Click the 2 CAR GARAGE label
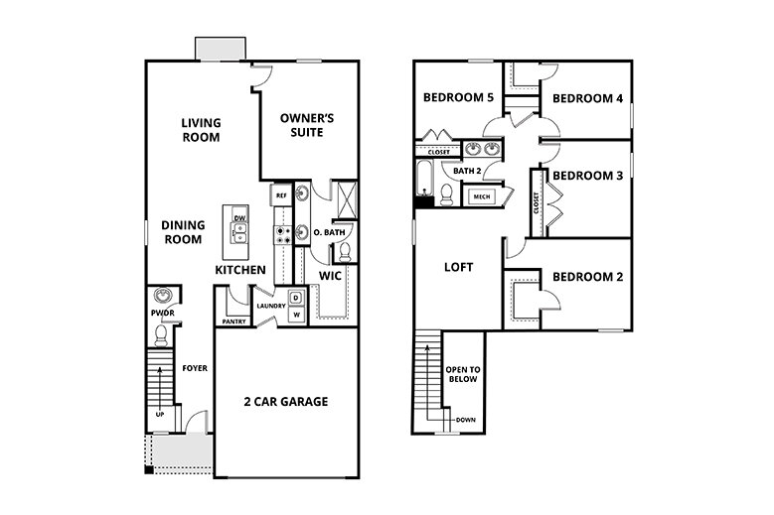pos(286,402)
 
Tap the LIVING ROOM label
pos(201,130)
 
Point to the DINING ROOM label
pos(183,232)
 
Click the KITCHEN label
pos(240,270)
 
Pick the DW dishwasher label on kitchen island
pos(239,218)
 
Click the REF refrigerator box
pos(281,195)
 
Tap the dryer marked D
pos(295,298)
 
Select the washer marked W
pos(295,315)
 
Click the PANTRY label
pos(234,322)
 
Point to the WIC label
pos(331,275)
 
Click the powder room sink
pos(162,296)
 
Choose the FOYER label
pos(195,368)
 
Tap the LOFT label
pos(458,267)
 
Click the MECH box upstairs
pos(482,196)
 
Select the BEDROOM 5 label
pos(457,98)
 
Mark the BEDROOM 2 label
pos(587,276)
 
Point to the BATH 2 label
pos(467,171)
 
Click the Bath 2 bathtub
pos(425,180)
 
